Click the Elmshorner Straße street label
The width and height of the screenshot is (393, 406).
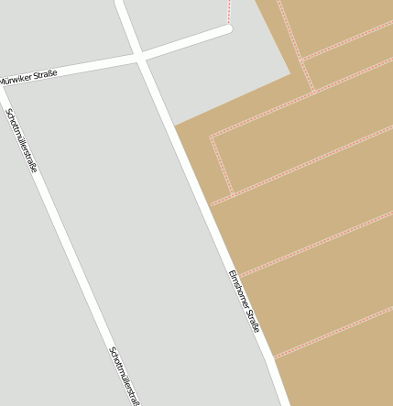[245, 302]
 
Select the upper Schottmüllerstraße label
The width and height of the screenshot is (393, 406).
[21, 140]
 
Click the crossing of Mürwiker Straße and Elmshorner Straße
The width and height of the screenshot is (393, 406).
[139, 57]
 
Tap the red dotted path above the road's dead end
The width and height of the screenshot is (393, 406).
[228, 11]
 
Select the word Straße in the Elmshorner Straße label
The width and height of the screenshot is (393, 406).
[254, 321]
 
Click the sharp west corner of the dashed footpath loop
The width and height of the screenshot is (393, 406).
[211, 137]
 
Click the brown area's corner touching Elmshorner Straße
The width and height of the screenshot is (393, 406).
[173, 126]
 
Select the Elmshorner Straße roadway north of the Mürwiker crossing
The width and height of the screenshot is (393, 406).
[126, 23]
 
